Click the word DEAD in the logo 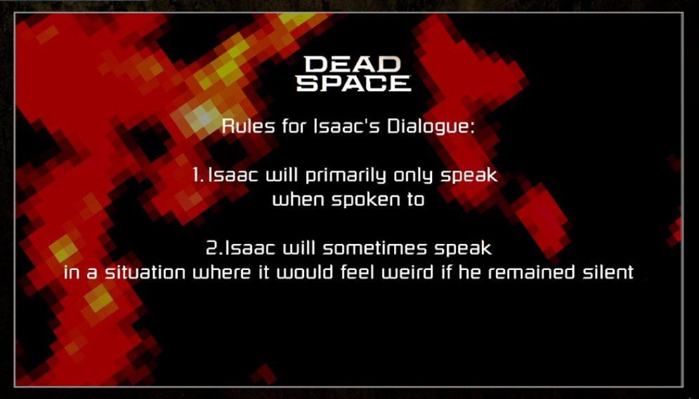[x=353, y=65]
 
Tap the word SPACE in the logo [x=353, y=83]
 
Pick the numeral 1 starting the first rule [x=196, y=176]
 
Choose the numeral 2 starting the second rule [x=213, y=249]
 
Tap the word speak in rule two [x=463, y=250]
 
